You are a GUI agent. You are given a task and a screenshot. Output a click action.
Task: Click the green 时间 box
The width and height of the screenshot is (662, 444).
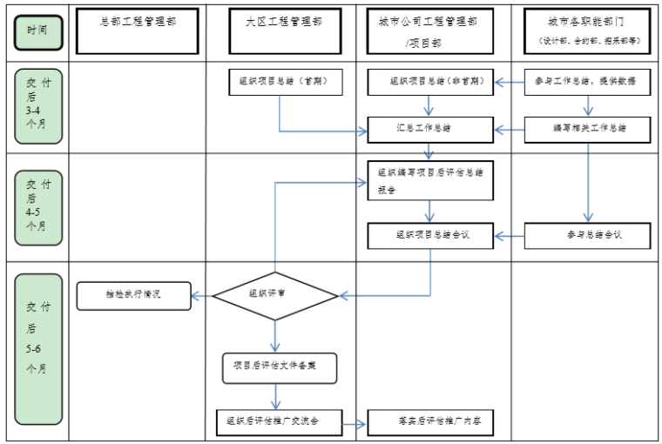click(x=37, y=31)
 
